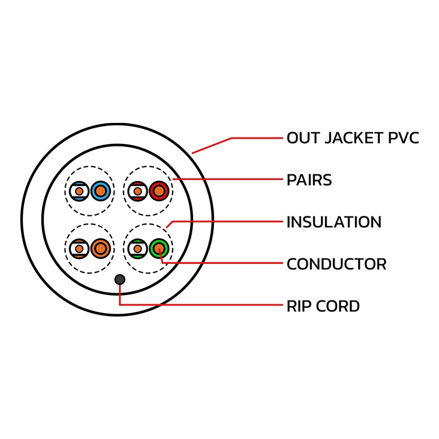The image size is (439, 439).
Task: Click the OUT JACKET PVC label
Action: pos(352,138)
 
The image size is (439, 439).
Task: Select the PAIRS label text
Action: pos(309,180)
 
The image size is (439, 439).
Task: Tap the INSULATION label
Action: pos(334,222)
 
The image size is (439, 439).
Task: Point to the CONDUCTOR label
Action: pos(336,264)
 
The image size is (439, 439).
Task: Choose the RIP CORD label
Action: pos(323,306)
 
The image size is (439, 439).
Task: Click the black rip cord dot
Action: pos(120,279)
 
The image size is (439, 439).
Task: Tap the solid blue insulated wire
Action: pos(100,191)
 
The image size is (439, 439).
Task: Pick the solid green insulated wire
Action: pos(159,248)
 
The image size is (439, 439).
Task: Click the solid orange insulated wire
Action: pos(100,248)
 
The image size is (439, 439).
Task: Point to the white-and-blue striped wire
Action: pos(79,191)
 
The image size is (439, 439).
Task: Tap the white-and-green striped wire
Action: pos(137,248)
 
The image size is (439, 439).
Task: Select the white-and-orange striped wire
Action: pos(79,248)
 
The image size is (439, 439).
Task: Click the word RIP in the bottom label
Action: pos(297,306)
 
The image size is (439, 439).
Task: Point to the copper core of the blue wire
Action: pos(100,191)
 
